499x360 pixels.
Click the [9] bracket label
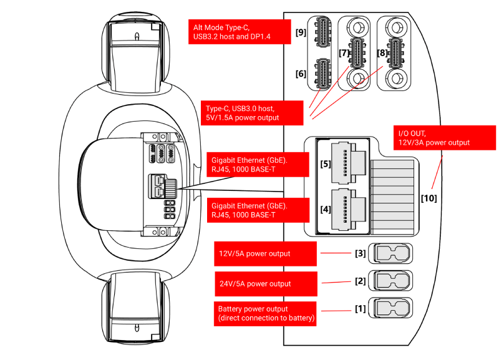point(301,32)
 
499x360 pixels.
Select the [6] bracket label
point(301,74)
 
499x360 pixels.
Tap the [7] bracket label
point(344,53)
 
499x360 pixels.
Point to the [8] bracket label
point(382,53)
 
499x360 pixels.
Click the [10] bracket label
point(429,198)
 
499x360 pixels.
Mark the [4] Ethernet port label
point(326,209)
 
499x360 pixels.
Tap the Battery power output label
point(265,313)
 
